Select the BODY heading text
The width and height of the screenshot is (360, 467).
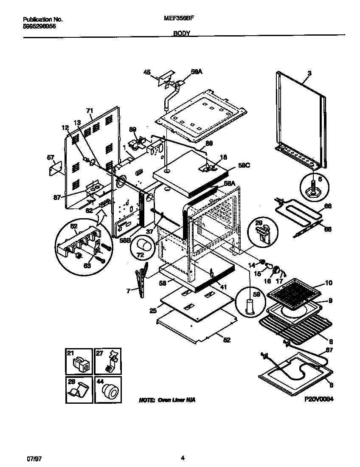(x=181, y=33)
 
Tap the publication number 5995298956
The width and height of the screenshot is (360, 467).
(x=39, y=26)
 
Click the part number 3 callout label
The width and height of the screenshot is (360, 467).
(x=309, y=73)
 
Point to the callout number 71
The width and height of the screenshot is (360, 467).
(x=89, y=110)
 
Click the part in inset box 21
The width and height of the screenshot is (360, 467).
(x=80, y=364)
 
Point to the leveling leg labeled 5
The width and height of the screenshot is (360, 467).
(x=315, y=187)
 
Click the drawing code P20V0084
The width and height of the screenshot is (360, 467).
(x=317, y=399)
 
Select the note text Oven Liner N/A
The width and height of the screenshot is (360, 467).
(x=167, y=400)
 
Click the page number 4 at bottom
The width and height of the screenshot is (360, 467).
(x=183, y=458)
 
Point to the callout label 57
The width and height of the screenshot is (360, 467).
(x=50, y=158)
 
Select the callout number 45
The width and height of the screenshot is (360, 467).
(x=147, y=73)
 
